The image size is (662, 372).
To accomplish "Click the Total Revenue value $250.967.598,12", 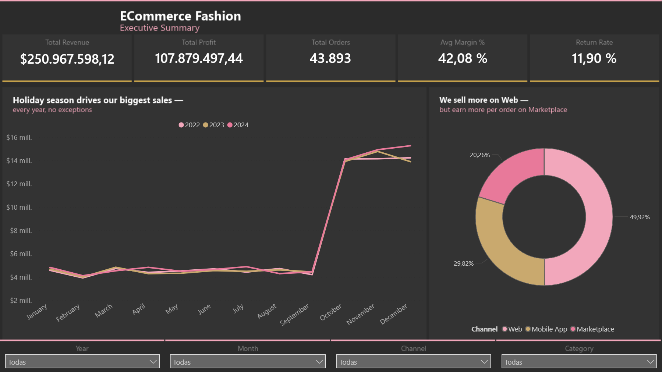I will (67, 59).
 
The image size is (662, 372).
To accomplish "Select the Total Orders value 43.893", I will (330, 59).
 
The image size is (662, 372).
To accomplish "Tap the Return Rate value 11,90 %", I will (594, 59).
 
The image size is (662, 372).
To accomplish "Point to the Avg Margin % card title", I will (462, 42).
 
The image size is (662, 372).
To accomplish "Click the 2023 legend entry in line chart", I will (213, 125).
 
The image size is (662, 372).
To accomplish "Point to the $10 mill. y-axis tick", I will (19, 207).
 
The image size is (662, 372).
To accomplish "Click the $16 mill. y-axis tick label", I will (19, 137).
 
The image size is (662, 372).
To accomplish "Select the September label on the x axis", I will (294, 315).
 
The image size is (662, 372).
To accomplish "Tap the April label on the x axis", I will (139, 309).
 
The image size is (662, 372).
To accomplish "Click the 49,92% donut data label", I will (639, 217).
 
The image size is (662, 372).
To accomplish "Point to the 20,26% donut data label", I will (479, 155).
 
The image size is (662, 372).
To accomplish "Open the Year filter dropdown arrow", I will (153, 362).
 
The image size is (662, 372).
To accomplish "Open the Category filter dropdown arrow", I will (650, 362).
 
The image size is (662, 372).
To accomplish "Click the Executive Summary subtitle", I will (159, 28).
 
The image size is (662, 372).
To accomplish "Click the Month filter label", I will (248, 348).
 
